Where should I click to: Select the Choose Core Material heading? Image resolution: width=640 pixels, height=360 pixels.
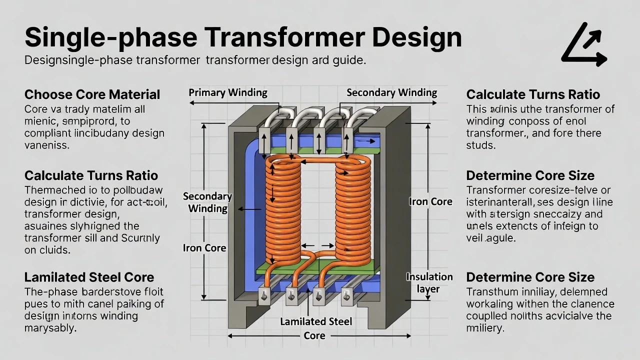click(x=92, y=94)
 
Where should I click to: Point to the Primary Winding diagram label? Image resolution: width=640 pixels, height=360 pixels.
click(x=227, y=92)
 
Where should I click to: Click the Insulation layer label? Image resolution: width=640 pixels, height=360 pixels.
click(x=429, y=283)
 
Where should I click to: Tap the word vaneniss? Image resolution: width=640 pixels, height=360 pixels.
click(x=46, y=145)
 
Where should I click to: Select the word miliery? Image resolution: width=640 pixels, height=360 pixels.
click(x=484, y=328)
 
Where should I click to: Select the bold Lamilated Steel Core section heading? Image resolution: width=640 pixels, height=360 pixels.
click(x=89, y=277)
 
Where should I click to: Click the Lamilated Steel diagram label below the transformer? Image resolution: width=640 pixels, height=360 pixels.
click(x=315, y=321)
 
